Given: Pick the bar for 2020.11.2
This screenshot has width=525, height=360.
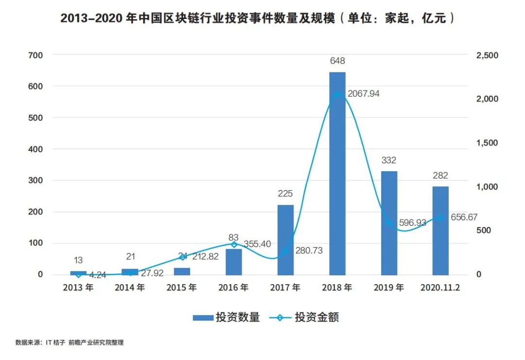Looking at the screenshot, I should point(440,231).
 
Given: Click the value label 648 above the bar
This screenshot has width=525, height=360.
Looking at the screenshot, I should point(337,61).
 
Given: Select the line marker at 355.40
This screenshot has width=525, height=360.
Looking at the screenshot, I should point(234,244).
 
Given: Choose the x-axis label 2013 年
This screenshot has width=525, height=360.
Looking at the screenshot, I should point(78,288).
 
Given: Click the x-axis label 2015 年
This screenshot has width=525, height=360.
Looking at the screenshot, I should point(182,288).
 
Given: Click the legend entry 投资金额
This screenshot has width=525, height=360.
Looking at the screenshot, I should point(304,318).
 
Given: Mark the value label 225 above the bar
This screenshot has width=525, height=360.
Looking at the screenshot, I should point(285,194).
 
